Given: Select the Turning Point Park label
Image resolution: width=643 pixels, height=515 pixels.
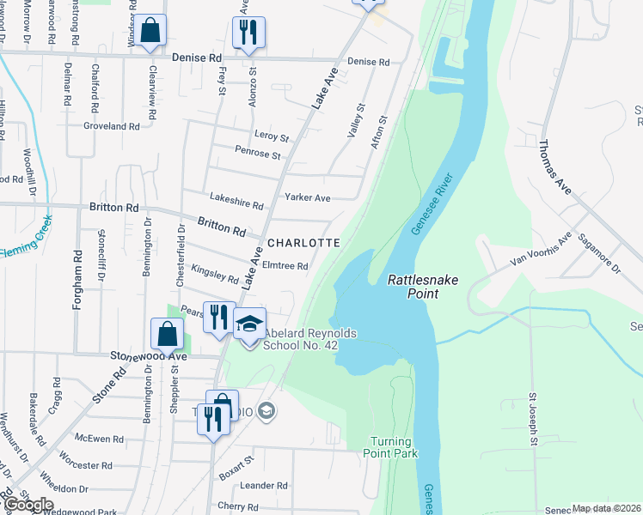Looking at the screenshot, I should pyautogui.click(x=389, y=446).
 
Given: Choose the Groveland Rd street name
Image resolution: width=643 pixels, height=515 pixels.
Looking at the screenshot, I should pyautogui.click(x=111, y=126).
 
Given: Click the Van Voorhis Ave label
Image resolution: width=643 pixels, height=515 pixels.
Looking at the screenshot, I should pyautogui.click(x=540, y=252).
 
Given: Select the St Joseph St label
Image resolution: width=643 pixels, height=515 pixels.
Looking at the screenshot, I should pyautogui.click(x=533, y=420).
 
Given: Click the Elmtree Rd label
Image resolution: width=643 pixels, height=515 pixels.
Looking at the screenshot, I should pyautogui.click(x=285, y=266).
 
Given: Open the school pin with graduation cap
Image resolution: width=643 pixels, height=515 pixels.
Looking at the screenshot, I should pyautogui.click(x=249, y=325).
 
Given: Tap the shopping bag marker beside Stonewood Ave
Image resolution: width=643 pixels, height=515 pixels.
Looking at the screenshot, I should pyautogui.click(x=167, y=334).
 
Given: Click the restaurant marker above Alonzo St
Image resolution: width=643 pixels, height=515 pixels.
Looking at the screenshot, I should pyautogui.click(x=248, y=33).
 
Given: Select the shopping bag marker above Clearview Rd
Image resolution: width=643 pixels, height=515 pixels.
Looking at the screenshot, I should pyautogui.click(x=150, y=31).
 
